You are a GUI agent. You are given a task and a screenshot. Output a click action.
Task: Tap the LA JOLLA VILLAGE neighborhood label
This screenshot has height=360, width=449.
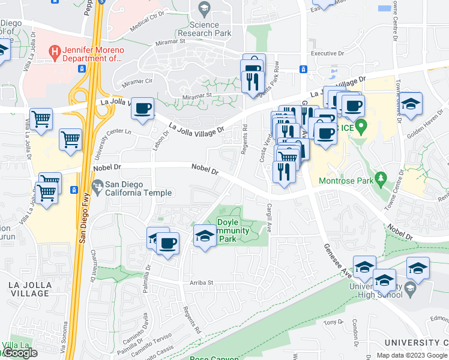[x=29, y=289]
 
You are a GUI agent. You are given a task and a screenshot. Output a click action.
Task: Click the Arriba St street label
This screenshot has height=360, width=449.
[x=202, y=282]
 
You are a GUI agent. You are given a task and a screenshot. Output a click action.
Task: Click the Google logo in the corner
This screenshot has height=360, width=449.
[x=20, y=353]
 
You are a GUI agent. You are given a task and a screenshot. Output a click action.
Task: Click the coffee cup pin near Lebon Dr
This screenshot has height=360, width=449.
[x=142, y=109]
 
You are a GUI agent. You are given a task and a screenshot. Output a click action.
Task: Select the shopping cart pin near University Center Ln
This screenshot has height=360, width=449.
[x=71, y=140]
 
